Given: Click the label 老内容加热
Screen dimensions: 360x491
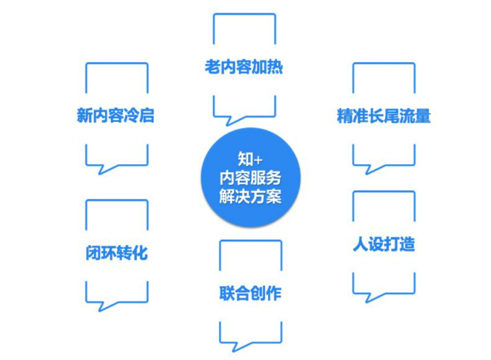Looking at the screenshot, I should [244, 66].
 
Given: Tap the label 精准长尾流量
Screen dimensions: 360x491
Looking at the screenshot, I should [383, 116].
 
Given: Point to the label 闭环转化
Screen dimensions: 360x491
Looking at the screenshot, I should [116, 253].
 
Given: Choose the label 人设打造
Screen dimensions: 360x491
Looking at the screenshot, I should [383, 244].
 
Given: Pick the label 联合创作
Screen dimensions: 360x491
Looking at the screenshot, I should [250, 293].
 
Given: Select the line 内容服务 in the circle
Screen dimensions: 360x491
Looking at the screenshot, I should [250, 178].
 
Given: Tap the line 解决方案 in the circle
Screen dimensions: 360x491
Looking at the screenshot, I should [250, 197].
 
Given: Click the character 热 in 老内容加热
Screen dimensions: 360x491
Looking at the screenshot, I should [275, 66].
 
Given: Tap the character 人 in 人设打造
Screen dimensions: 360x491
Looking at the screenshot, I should [360, 244].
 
